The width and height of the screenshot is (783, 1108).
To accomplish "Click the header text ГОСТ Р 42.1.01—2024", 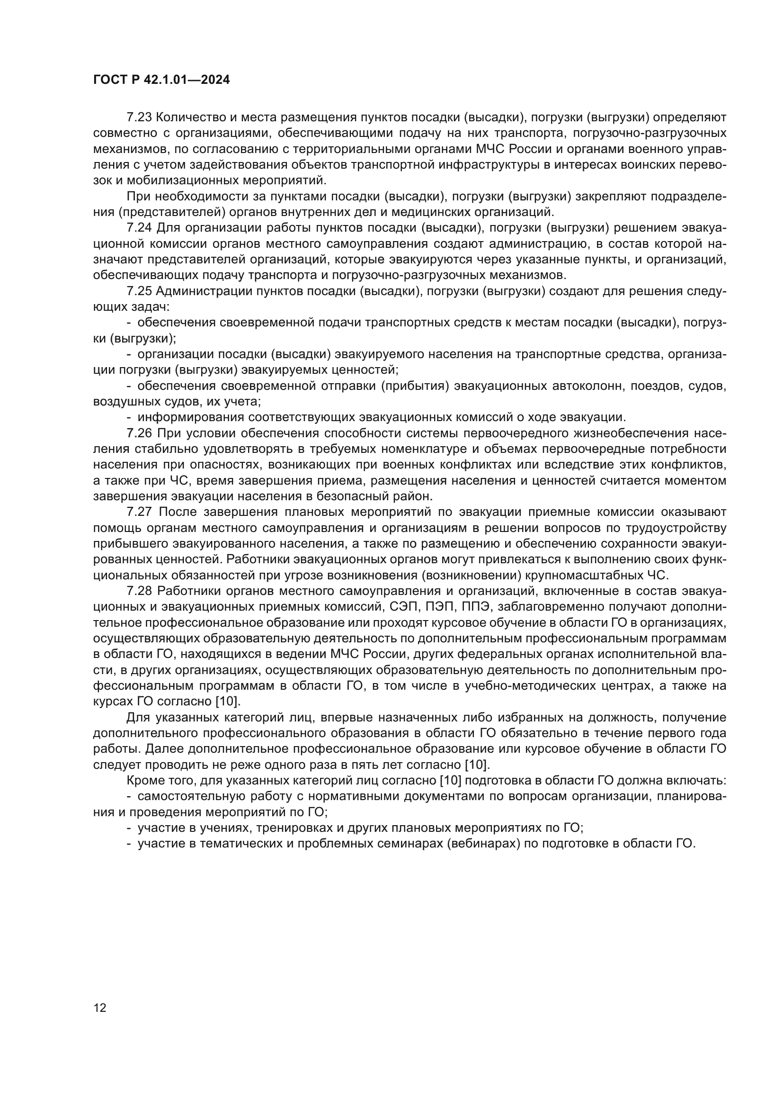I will pyautogui.click(x=161, y=80).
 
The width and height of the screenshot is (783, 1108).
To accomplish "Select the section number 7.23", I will pyautogui.click(x=139, y=117).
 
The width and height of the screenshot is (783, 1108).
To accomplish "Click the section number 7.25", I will pyautogui.click(x=139, y=291).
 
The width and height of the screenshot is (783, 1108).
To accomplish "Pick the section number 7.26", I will pyautogui.click(x=139, y=433).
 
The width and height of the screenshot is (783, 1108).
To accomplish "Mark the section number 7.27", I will pyautogui.click(x=139, y=512).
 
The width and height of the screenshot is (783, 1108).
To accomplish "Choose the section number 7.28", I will pyautogui.click(x=139, y=591).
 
